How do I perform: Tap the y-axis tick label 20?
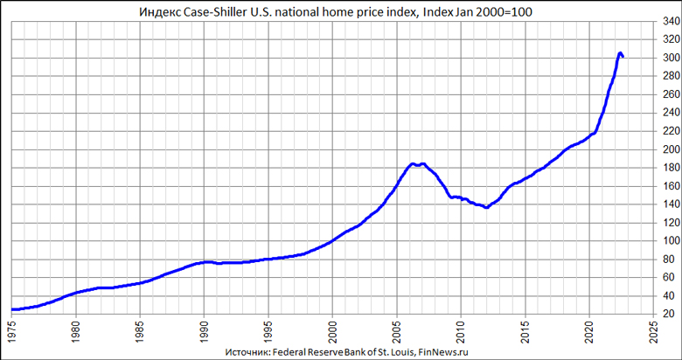(668, 314)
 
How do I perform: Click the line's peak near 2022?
(620, 53)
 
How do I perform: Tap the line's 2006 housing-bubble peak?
(413, 163)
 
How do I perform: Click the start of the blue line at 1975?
(13, 309)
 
